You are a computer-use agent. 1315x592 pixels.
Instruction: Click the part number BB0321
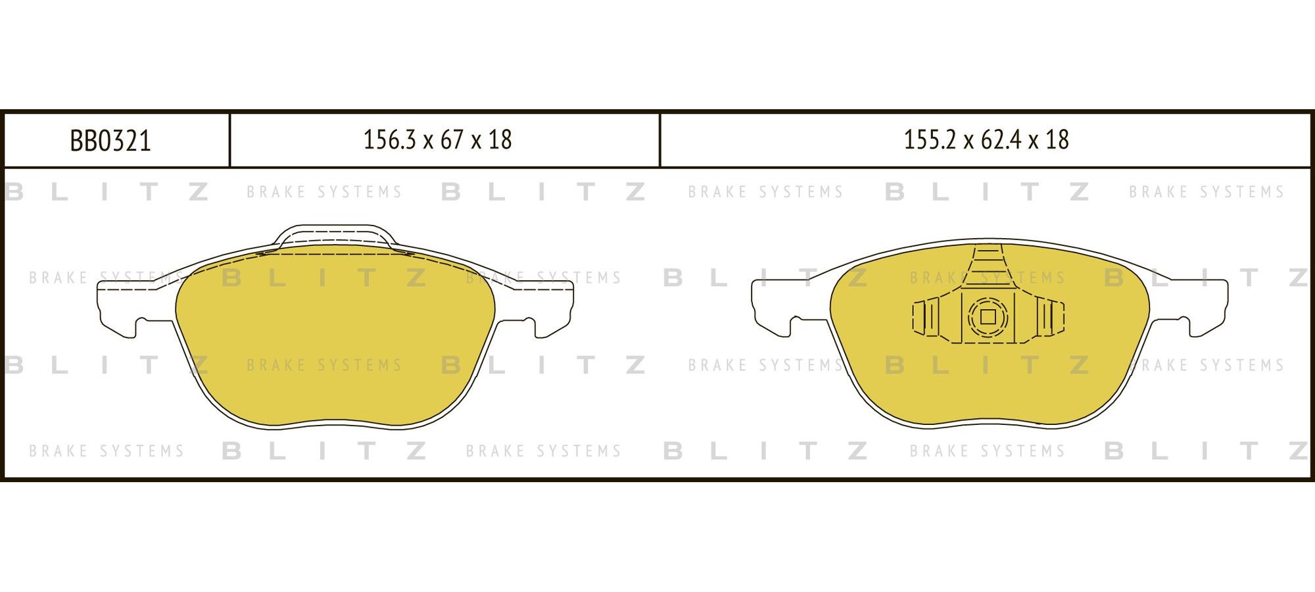(x=110, y=141)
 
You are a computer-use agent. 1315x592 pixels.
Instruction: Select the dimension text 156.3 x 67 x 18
(x=438, y=140)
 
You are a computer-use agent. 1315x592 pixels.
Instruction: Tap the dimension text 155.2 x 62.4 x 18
(x=986, y=140)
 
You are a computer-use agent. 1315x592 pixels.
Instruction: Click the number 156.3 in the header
(x=390, y=140)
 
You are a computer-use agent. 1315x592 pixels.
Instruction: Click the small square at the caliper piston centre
(x=988, y=317)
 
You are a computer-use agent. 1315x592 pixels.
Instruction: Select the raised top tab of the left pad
(x=335, y=237)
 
